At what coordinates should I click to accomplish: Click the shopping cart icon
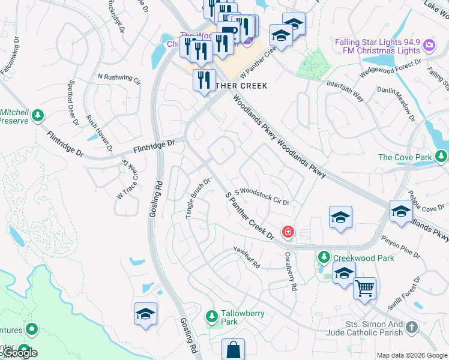[364, 290]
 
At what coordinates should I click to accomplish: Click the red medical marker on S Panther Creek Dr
[288, 232]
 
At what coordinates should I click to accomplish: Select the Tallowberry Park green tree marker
[211, 316]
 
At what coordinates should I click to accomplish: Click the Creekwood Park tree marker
[324, 257]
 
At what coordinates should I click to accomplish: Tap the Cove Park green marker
[441, 157]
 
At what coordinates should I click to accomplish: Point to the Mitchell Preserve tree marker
[38, 114]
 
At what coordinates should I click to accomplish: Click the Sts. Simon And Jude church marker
[411, 328]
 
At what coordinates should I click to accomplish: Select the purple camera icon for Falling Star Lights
[429, 45]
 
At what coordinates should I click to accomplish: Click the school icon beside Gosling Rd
[145, 314]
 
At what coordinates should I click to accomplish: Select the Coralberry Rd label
[291, 271]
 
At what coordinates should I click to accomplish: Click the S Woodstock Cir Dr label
[262, 196]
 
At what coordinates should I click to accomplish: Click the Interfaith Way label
[345, 89]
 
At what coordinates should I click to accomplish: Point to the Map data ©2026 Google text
[412, 355]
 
